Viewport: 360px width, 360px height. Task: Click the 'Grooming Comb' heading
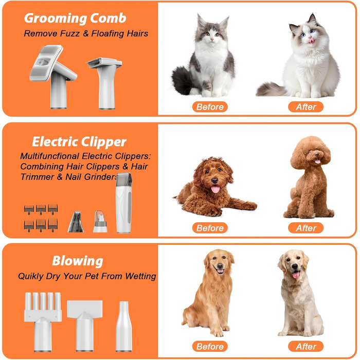[75, 19]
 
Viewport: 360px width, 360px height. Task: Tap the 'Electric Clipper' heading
[79, 141]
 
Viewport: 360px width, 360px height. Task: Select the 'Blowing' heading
[78, 261]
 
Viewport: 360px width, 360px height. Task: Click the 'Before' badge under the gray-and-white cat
[210, 107]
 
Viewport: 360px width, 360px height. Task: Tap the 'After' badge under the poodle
[306, 228]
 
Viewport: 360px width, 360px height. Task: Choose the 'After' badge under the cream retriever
[306, 347]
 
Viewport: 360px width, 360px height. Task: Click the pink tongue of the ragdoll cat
[312, 41]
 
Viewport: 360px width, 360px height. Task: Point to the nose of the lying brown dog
[214, 181]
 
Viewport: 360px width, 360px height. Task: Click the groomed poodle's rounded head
[311, 152]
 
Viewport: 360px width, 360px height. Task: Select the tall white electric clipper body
[124, 203]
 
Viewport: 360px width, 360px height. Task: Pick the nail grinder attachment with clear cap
[100, 222]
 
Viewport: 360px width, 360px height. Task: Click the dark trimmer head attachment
[76, 222]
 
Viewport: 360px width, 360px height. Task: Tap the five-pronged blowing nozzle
[43, 322]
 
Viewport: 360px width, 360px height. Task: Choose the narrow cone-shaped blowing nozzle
[124, 326]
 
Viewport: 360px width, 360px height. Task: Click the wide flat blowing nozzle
[85, 326]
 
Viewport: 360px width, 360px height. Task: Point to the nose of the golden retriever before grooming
[220, 266]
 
